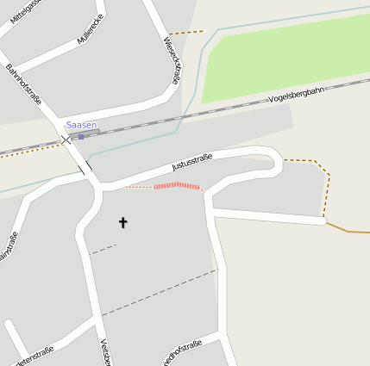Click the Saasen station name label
coord(81,126)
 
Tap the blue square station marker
coord(81,136)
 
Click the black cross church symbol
coord(122,223)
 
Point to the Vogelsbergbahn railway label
coord(296,96)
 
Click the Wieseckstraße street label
coord(172,59)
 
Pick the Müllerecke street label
coord(91,30)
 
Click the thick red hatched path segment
coord(177,185)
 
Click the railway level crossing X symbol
coord(66,140)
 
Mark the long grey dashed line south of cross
coord(160,292)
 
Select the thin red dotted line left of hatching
coord(138,187)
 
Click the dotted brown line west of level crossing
coord(30,149)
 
